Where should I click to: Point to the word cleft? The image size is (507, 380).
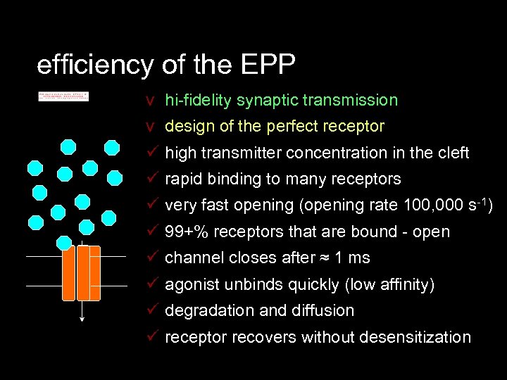click(452, 153)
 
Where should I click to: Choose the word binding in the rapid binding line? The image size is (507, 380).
click(236, 179)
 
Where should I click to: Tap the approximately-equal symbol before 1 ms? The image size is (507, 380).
click(324, 259)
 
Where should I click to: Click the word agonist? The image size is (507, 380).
click(191, 285)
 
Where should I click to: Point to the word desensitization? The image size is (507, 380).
click(415, 338)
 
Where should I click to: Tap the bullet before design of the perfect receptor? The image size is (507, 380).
click(149, 127)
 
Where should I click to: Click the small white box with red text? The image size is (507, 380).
click(63, 96)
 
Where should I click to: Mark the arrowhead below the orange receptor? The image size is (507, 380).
click(83, 319)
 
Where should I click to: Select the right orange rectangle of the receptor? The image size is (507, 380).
click(94, 272)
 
